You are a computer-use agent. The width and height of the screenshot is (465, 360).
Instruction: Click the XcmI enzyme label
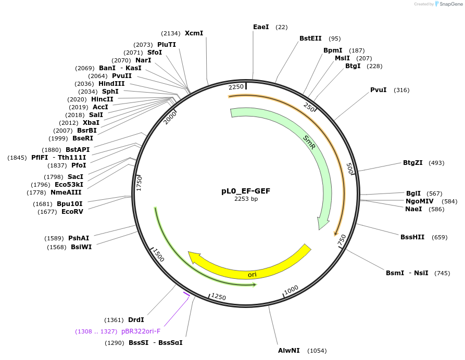click(194, 33)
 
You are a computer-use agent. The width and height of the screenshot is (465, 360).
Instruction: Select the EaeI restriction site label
click(261, 27)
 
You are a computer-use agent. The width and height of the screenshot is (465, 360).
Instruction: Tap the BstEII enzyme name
click(310, 38)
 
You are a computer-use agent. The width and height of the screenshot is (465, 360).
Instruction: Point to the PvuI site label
click(378, 90)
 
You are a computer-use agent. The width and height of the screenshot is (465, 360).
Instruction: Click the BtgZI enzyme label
click(412, 163)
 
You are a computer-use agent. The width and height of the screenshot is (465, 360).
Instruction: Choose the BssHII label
click(412, 237)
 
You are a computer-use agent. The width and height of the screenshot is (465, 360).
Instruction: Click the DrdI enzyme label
click(136, 320)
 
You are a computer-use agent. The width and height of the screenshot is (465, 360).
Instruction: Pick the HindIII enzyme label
click(111, 84)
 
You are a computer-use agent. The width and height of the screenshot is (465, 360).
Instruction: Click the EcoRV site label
click(72, 212)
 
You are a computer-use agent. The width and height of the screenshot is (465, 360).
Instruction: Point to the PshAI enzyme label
click(79, 238)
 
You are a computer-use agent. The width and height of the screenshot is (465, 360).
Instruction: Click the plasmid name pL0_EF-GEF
click(246, 191)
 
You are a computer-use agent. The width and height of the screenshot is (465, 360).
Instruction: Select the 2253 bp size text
click(246, 199)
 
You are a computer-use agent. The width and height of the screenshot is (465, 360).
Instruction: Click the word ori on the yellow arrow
click(252, 274)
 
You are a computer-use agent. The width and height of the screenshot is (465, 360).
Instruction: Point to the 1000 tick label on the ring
click(292, 289)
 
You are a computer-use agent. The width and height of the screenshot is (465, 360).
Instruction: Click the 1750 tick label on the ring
click(139, 183)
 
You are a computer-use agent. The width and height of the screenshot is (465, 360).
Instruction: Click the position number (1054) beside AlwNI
click(317, 351)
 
